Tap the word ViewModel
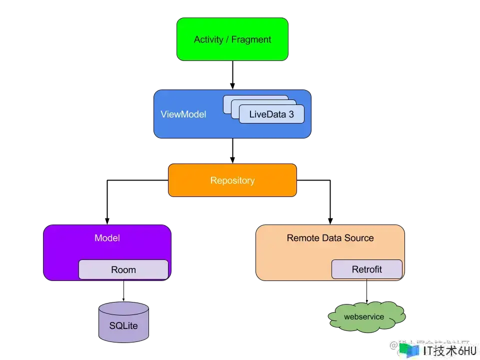pos(183,114)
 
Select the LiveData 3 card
pos(271,114)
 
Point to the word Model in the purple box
pos(107,238)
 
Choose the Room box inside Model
pos(123,269)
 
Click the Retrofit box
pos(366,269)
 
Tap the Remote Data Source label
pos(330,238)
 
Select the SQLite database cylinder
pos(123,322)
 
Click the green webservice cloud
pos(366,317)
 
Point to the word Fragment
pos(251,39)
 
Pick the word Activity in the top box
pos(208,39)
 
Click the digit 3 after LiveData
pos(290,114)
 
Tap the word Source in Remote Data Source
pos(359,238)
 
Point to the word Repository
pos(232,180)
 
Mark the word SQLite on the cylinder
pos(123,326)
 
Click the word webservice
pos(364,316)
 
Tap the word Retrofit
pos(366,269)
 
